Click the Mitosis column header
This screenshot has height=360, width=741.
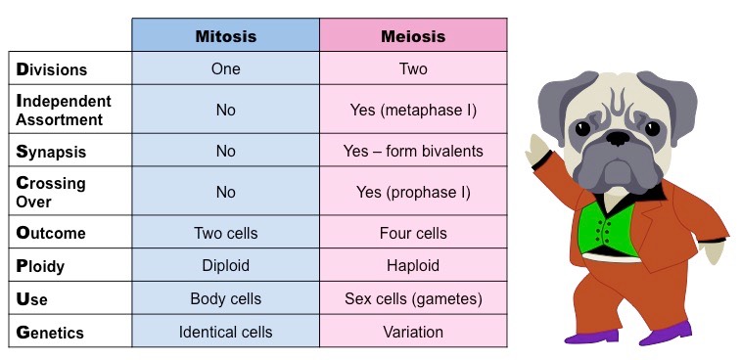coord(225,36)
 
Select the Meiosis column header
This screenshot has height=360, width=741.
coord(412,36)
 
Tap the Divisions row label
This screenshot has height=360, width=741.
coord(52,69)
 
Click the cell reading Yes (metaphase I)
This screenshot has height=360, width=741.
coord(412,110)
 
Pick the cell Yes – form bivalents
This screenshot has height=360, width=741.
coord(412,152)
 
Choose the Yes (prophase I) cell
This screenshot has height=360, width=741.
coord(412,192)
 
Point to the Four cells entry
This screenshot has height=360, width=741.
coord(412,233)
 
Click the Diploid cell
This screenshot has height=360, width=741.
coord(225,265)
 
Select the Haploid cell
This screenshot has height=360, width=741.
coord(412,265)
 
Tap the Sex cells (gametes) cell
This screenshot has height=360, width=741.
coord(412,298)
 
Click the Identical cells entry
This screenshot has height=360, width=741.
coord(225,332)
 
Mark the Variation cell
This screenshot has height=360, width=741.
coord(412,332)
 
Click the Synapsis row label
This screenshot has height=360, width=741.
coord(51,152)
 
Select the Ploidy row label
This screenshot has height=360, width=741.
coord(45,265)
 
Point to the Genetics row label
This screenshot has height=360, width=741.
coord(50,332)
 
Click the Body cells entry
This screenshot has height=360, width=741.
coord(225,298)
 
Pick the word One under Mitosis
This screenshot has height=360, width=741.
coord(225,69)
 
